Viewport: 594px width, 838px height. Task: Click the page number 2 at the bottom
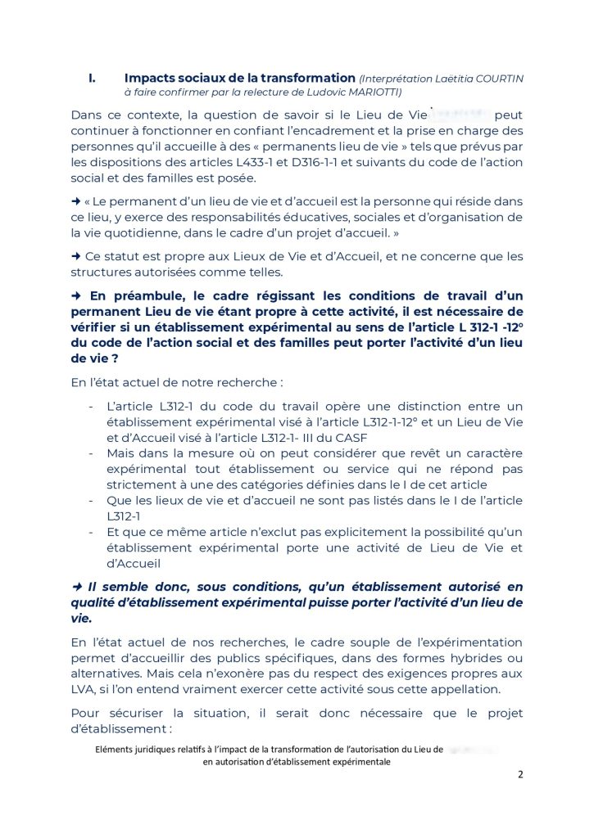pos(519,775)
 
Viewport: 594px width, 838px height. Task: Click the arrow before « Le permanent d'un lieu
pos(75,201)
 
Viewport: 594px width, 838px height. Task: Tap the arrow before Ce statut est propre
pos(75,257)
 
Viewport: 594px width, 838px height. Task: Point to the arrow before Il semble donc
pos(76,587)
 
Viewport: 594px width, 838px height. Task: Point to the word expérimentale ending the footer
pos(358,761)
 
